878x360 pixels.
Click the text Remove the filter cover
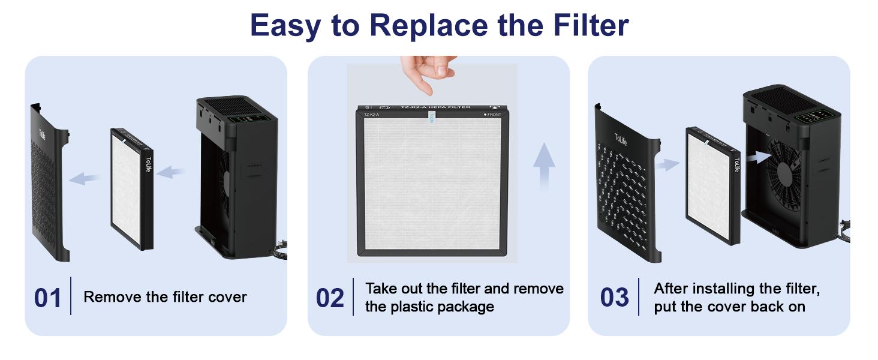tap(165, 297)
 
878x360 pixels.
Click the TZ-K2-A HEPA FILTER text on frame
tap(435, 107)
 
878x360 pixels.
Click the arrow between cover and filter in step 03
tap(667, 164)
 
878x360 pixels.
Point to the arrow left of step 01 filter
tap(83, 178)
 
